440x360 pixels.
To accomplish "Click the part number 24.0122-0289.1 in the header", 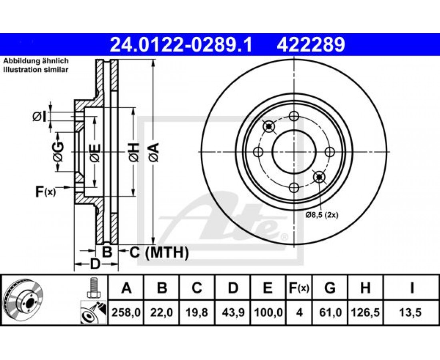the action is (181, 44).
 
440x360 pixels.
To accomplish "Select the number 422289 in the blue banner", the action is (311, 44).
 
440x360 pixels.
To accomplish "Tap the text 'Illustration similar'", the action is (36, 70).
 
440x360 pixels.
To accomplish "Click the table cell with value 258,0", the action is (126, 312).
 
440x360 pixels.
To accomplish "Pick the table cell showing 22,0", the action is (161, 312).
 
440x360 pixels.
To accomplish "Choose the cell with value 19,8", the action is (197, 312).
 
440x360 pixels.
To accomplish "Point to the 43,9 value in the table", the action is (232, 312).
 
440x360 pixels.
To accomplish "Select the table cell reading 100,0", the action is (268, 312).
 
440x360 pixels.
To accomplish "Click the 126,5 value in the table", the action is (365, 312).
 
